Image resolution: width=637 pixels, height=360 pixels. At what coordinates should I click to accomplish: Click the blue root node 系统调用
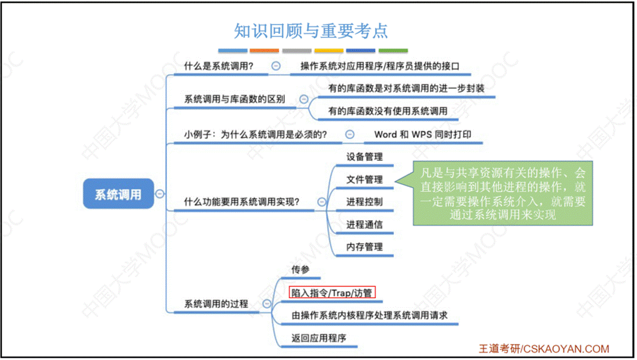118,194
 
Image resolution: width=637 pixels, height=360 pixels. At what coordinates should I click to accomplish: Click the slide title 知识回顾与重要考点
311,30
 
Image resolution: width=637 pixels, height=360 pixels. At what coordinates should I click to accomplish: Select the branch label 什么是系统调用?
218,67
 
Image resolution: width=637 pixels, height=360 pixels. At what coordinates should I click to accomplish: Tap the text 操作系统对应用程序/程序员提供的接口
380,67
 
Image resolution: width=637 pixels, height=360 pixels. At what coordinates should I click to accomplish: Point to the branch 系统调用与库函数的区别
234,99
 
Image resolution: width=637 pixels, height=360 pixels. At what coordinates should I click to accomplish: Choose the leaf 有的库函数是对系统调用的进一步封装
406,89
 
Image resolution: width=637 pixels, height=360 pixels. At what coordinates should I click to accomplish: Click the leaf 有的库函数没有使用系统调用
388,110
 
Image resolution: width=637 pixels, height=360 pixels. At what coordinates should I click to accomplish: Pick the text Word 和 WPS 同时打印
423,134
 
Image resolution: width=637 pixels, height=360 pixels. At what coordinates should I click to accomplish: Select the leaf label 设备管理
365,157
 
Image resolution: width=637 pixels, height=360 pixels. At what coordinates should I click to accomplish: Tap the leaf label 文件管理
365,179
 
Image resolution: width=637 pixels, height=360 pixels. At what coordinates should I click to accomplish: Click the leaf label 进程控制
365,202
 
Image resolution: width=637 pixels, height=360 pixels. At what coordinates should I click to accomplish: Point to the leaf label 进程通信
365,225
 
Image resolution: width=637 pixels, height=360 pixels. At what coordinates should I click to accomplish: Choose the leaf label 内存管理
365,247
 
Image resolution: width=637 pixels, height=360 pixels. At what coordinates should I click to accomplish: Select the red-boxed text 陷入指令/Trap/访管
332,292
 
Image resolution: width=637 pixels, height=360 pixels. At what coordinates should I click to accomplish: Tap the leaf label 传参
300,270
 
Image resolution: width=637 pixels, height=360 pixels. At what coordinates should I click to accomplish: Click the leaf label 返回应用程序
319,338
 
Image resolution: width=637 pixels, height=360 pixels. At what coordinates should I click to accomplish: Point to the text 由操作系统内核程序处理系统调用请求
369,315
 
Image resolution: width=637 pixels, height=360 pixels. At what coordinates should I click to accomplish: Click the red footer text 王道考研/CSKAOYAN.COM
544,349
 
